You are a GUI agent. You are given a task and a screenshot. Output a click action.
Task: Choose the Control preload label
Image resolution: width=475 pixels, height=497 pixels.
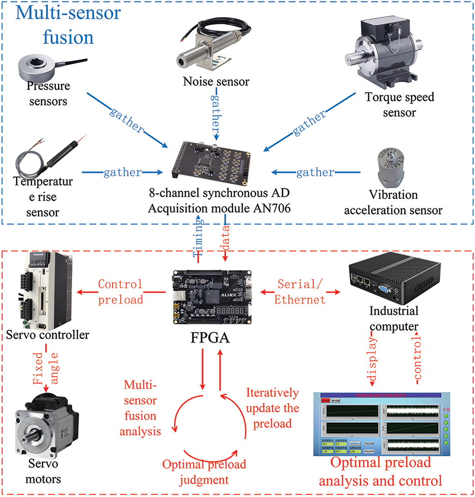[x=121, y=292]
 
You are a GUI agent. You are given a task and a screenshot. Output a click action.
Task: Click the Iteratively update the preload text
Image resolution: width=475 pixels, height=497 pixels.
[x=272, y=407]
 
